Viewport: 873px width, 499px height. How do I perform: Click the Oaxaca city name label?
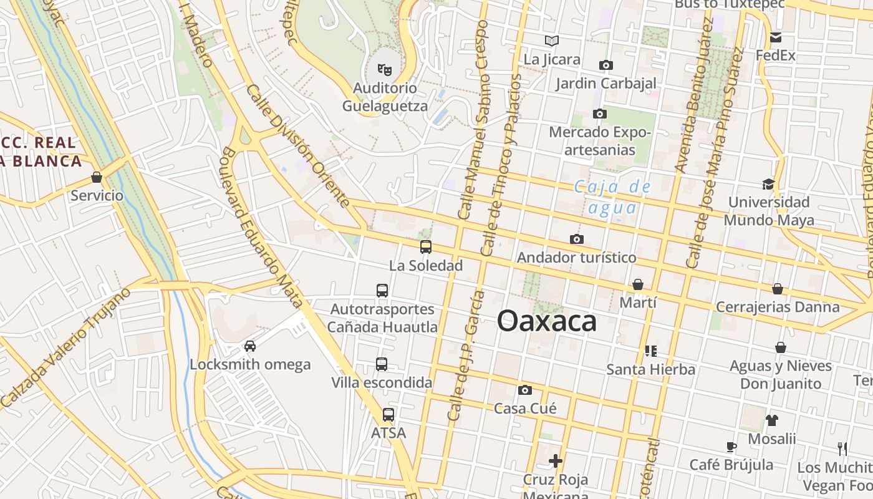pyautogui.click(x=546, y=322)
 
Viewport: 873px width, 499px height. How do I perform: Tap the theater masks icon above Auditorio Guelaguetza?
pyautogui.click(x=385, y=68)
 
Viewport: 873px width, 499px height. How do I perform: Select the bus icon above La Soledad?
pyautogui.click(x=426, y=247)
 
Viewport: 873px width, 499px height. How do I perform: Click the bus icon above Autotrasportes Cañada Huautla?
pyautogui.click(x=382, y=290)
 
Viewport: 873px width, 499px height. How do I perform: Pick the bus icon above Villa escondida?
pyautogui.click(x=382, y=364)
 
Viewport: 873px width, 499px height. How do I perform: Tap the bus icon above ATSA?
pyautogui.click(x=388, y=414)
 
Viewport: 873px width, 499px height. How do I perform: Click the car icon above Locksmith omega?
pyautogui.click(x=249, y=346)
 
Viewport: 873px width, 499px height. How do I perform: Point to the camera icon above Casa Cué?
pyautogui.click(x=525, y=390)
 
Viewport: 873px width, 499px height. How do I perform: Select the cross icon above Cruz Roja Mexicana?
pyautogui.click(x=555, y=462)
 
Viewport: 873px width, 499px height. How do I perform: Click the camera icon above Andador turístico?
pyautogui.click(x=577, y=240)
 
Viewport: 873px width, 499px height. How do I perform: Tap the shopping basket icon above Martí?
pyautogui.click(x=638, y=285)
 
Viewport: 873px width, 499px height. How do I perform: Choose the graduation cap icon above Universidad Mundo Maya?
pyautogui.click(x=768, y=184)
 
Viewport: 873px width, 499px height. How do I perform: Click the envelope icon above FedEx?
pyautogui.click(x=776, y=37)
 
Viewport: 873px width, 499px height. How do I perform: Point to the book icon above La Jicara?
pyautogui.click(x=552, y=41)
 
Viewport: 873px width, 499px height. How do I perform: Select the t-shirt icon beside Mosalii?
pyautogui.click(x=772, y=420)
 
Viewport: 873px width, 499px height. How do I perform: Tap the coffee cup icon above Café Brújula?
pyautogui.click(x=731, y=447)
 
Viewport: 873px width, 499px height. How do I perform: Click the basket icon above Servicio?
pyautogui.click(x=97, y=178)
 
